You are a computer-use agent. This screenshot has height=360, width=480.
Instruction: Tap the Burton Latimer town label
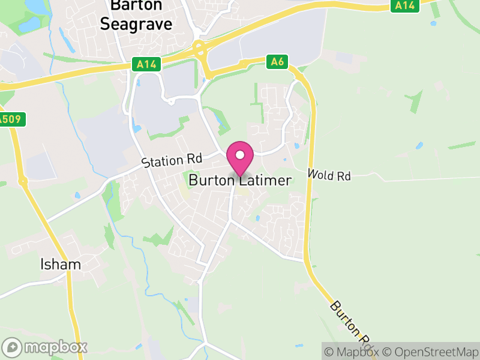[x=240, y=180]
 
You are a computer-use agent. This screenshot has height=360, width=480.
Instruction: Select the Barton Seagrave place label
[x=136, y=14]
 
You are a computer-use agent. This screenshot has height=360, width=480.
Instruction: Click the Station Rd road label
[x=171, y=160]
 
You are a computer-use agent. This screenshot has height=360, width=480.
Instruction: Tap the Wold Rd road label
[x=328, y=175]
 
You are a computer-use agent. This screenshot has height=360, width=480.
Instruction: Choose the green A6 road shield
[x=277, y=61]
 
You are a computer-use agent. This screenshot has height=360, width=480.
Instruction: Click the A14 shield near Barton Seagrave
[x=146, y=63]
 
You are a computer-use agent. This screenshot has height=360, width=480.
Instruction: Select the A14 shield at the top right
[x=405, y=5]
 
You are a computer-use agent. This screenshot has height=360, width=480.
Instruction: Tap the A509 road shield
[x=10, y=119]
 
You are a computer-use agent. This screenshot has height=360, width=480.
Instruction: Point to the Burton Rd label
[x=351, y=324]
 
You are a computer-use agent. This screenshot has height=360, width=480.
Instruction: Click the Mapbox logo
[x=45, y=347]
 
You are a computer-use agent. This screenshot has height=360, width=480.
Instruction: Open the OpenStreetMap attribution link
[x=430, y=352]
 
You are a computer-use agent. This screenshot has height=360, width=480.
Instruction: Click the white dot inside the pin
[x=240, y=154]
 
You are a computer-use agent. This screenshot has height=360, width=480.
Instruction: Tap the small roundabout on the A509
[x=22, y=180]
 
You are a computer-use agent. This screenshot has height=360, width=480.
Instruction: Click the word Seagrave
[x=136, y=24]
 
